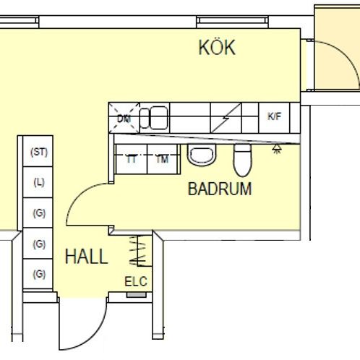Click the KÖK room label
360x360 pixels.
(217, 48)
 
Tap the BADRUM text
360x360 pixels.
(220, 190)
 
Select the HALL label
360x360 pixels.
(86, 257)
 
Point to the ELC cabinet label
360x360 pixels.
(135, 282)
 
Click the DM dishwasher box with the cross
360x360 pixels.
(124, 117)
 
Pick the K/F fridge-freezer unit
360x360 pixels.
(274, 116)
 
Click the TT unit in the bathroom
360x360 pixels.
(132, 160)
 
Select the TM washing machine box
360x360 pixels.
(163, 160)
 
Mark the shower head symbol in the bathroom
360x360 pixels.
(276, 149)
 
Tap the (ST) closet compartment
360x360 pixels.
(38, 152)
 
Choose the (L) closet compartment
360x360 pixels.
(38, 182)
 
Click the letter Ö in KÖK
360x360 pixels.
(217, 48)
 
